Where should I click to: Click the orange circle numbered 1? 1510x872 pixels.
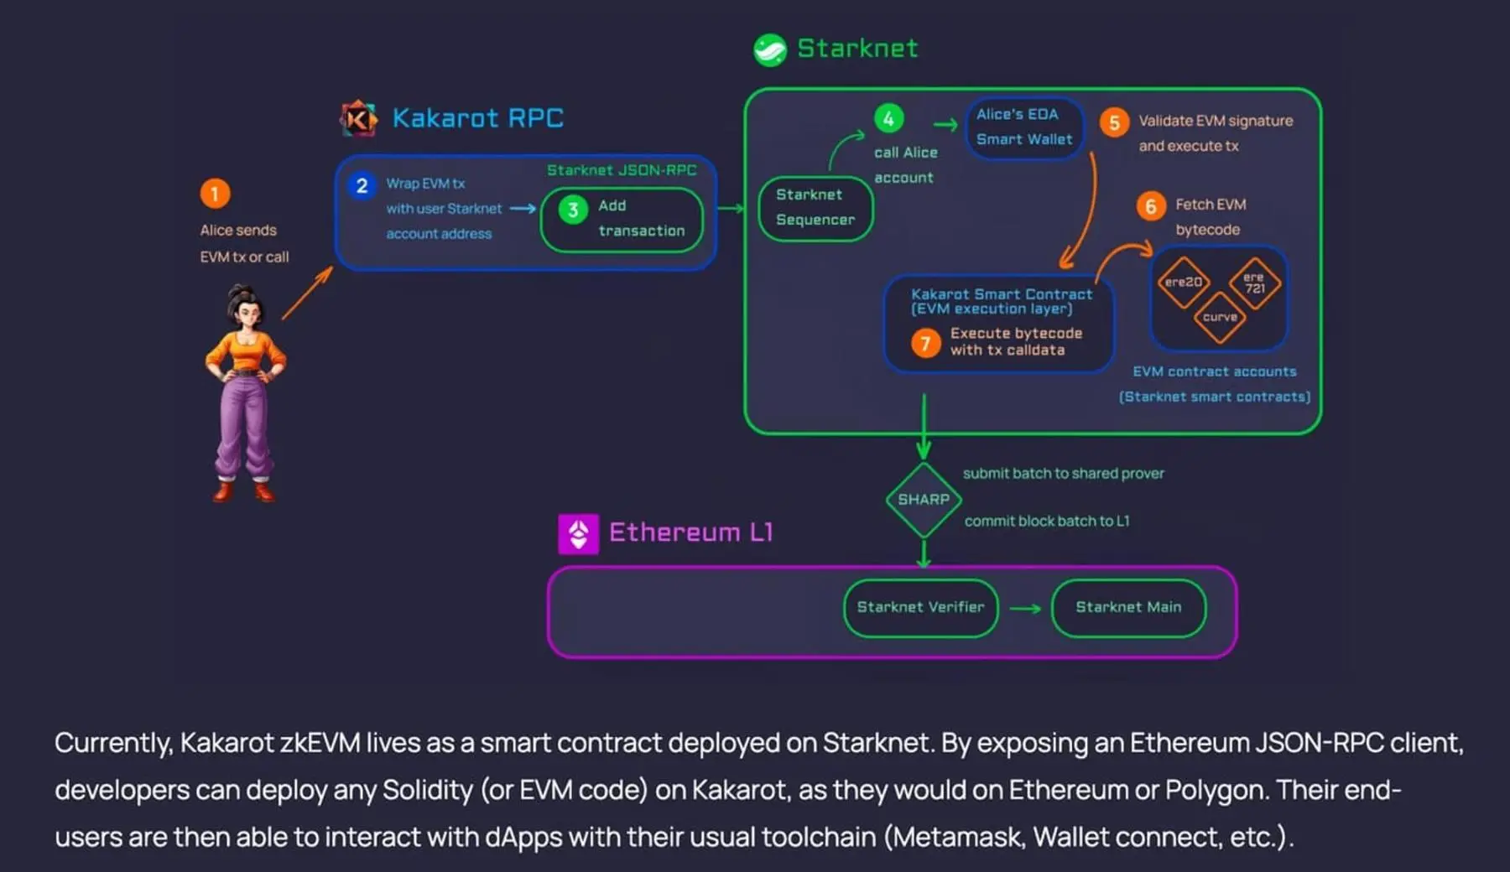click(x=215, y=194)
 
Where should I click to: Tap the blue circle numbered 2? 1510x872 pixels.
click(x=362, y=185)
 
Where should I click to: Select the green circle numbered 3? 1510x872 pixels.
click(x=573, y=210)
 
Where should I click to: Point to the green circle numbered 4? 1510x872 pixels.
click(x=889, y=118)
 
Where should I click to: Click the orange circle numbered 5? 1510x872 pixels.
click(x=1114, y=122)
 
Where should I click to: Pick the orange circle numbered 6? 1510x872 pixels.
click(x=1151, y=206)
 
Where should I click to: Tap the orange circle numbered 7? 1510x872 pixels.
click(x=925, y=342)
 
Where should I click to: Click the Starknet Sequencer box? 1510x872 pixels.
click(x=815, y=208)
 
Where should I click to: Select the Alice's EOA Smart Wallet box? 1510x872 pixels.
click(x=1024, y=127)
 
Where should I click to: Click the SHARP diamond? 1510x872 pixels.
click(x=924, y=500)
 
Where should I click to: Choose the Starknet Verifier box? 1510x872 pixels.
click(x=920, y=608)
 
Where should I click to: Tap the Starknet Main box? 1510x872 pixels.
click(x=1128, y=608)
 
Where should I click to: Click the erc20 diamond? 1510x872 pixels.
click(x=1184, y=283)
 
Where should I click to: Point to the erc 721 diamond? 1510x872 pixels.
click(x=1254, y=283)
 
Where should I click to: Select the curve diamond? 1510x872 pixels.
click(x=1220, y=317)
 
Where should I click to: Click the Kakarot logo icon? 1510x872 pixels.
click(x=358, y=118)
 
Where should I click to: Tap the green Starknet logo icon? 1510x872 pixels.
click(x=770, y=49)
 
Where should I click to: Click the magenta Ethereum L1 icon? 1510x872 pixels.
click(x=579, y=534)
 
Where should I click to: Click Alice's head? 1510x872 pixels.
click(x=245, y=306)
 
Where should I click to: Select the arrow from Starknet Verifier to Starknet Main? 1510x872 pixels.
click(x=1025, y=609)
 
